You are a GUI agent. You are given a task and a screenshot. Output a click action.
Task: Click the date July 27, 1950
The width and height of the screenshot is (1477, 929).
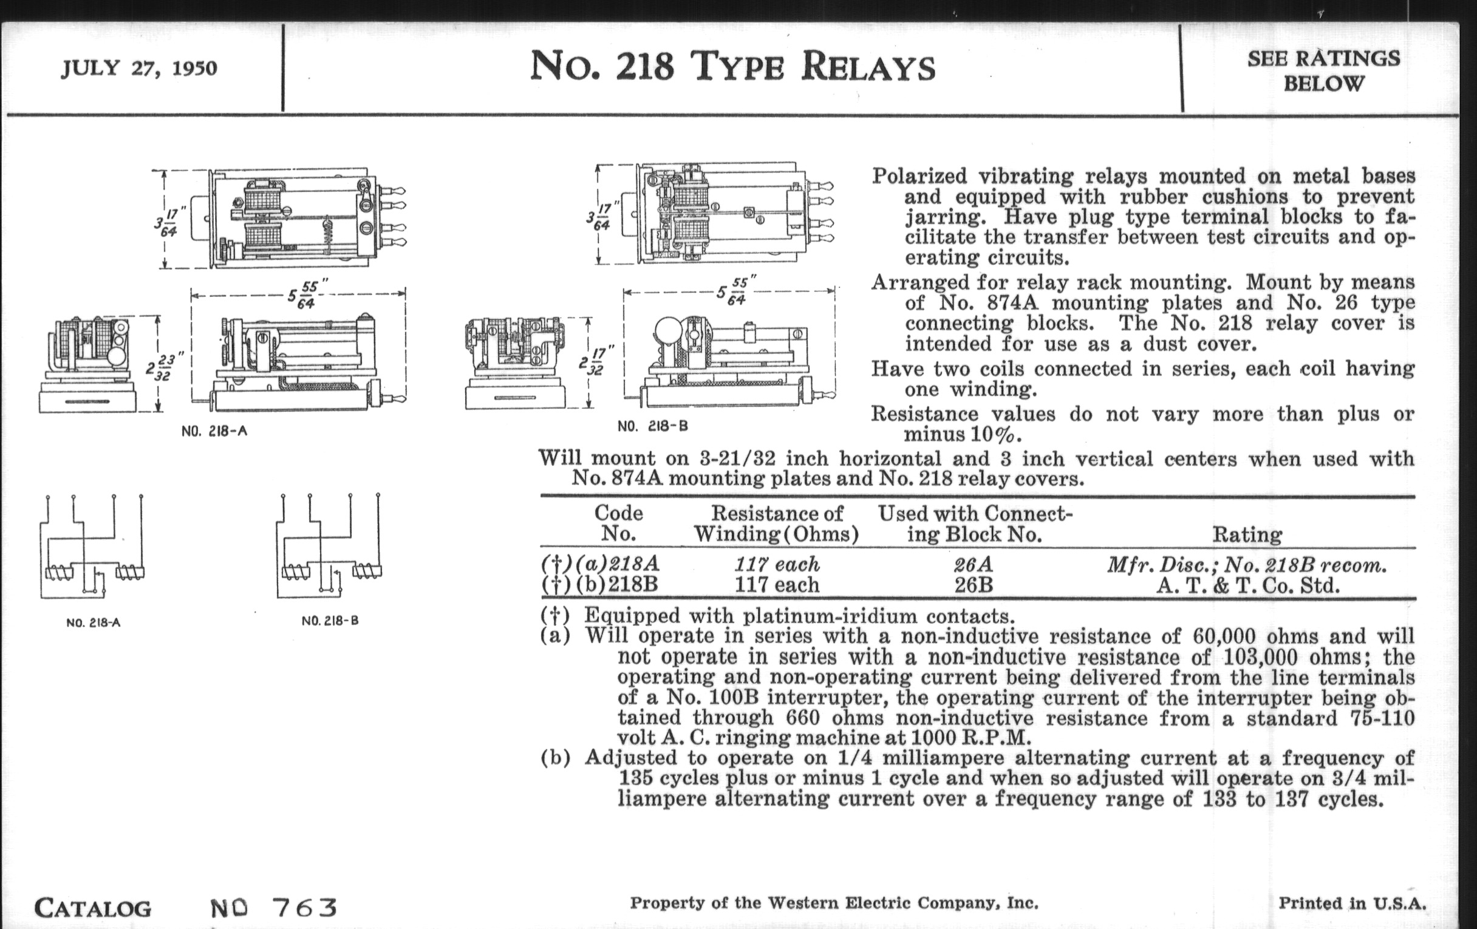point(138,67)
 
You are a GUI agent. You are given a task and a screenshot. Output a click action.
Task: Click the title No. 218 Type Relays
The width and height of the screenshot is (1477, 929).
point(732,67)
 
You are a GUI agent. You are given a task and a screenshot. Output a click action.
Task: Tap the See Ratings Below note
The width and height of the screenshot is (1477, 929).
point(1324,70)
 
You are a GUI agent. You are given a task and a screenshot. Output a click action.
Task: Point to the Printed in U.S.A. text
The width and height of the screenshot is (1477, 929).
point(1352,903)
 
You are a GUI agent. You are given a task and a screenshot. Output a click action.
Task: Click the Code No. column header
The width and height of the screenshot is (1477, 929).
point(618,523)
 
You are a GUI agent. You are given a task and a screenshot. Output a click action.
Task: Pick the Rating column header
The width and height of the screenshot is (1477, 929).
point(1247,534)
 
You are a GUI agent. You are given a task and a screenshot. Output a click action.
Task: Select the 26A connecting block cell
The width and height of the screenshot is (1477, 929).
point(973,564)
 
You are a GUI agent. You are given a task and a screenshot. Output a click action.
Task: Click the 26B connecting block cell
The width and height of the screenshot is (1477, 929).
point(974,585)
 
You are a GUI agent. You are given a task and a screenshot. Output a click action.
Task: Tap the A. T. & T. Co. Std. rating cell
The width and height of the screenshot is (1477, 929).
point(1247,585)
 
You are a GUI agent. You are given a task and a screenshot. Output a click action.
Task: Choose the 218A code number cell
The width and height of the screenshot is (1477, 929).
point(635,563)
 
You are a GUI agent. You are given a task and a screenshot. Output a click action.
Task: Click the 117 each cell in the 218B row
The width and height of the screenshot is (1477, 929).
point(777,585)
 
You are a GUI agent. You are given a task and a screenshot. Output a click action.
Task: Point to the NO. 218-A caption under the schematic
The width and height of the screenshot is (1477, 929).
point(94,623)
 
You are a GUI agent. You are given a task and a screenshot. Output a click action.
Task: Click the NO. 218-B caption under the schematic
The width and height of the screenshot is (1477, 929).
point(330,621)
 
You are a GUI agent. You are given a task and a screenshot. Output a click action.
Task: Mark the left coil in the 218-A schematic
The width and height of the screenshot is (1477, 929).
point(59,573)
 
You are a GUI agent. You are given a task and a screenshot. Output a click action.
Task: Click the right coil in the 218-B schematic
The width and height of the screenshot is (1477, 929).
point(367,572)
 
